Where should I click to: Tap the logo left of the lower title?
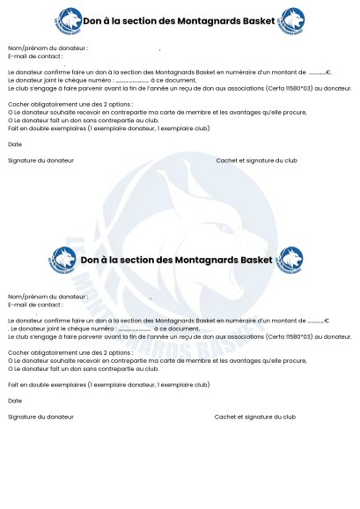tap(63, 260)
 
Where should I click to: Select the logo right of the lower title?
tap(290, 259)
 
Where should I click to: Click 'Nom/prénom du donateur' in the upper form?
tap(48, 48)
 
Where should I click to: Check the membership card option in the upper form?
tap(10, 112)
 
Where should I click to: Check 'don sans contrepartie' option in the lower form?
tap(10, 368)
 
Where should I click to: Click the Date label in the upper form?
tap(14, 144)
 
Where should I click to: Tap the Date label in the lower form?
tap(14, 401)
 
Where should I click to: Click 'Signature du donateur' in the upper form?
tap(40, 160)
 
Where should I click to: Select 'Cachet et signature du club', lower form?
tap(254, 417)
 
